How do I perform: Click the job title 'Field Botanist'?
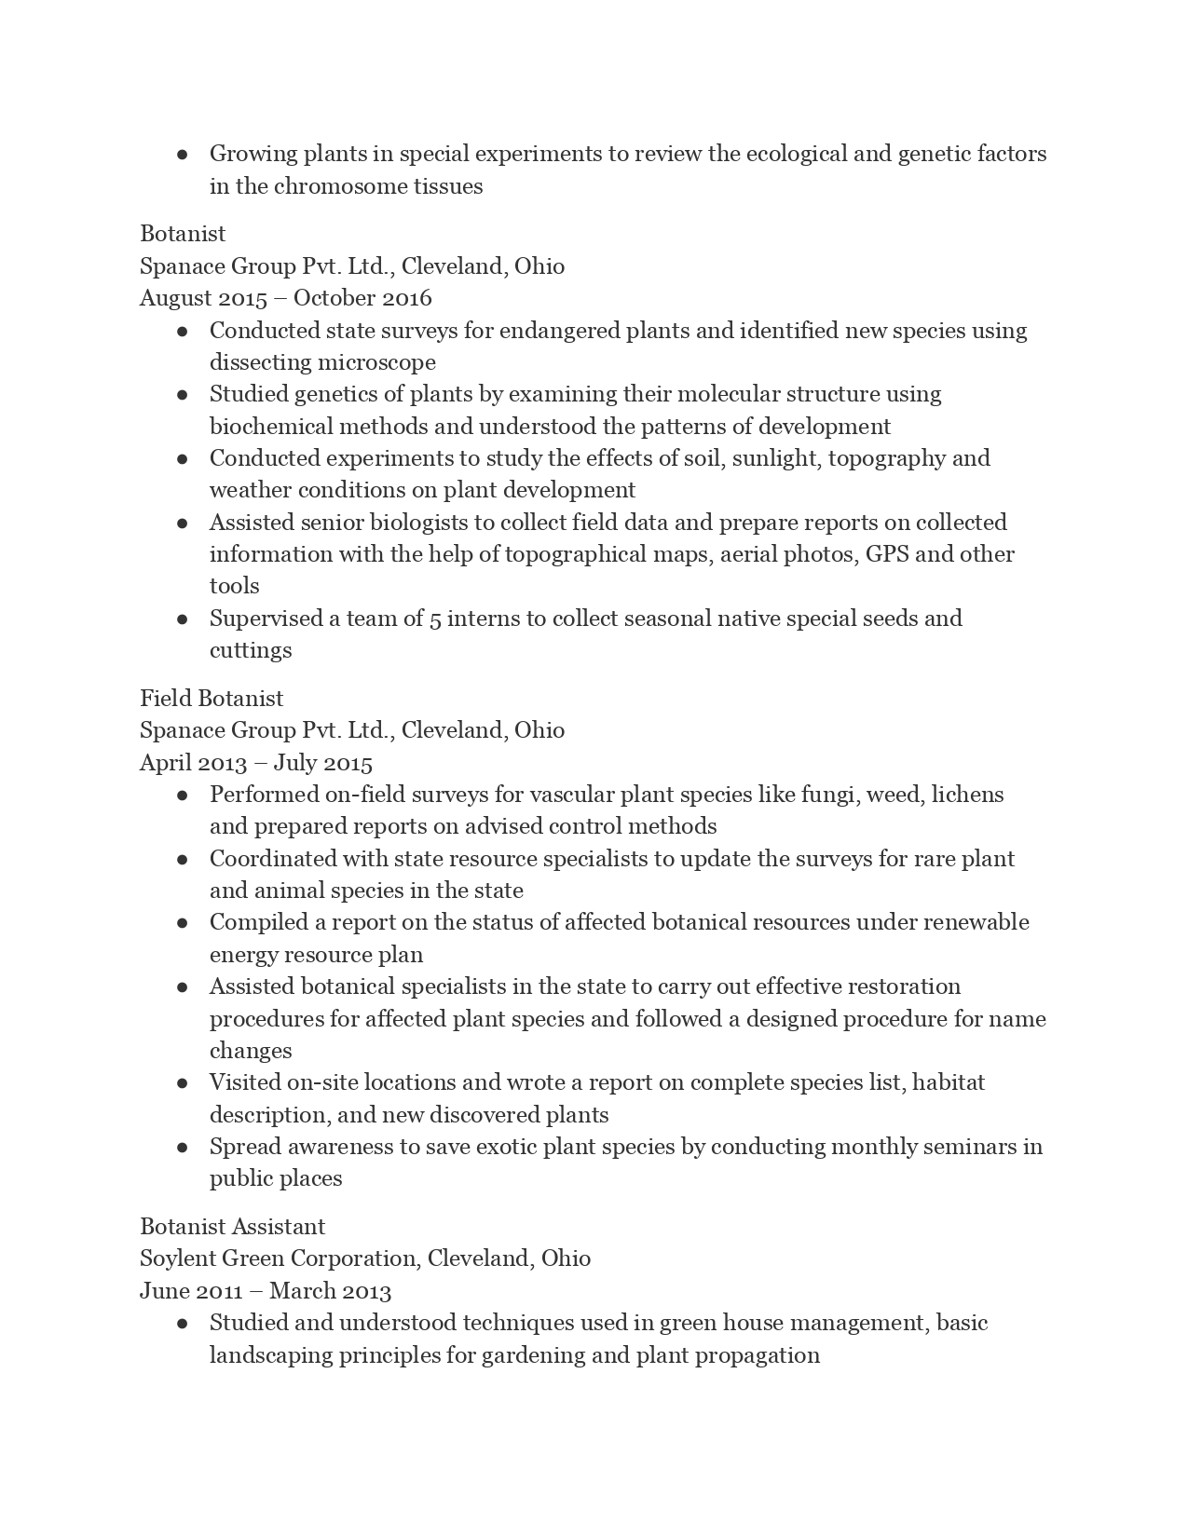pyautogui.click(x=212, y=699)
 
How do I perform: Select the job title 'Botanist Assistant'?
pyautogui.click(x=232, y=1227)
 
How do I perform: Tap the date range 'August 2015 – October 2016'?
pyautogui.click(x=285, y=298)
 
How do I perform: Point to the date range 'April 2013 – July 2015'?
pyautogui.click(x=255, y=763)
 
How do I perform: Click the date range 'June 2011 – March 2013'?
pyautogui.click(x=266, y=1291)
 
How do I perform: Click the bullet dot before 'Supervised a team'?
pyautogui.click(x=183, y=619)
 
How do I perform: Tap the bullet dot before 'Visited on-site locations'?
pyautogui.click(x=183, y=1082)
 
